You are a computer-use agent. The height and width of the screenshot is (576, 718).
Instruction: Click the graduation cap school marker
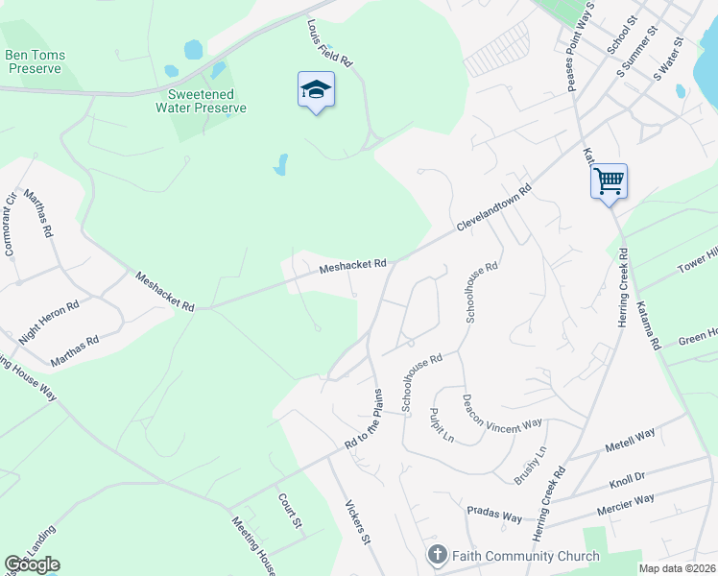(315, 90)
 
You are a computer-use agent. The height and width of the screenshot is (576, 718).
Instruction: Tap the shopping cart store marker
(609, 179)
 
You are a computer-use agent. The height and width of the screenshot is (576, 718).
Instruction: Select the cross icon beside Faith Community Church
(437, 556)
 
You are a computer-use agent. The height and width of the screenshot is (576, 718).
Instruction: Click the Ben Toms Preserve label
(36, 61)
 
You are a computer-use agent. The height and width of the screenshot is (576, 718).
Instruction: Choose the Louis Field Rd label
(330, 42)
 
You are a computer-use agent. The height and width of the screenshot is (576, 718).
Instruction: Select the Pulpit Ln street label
(442, 424)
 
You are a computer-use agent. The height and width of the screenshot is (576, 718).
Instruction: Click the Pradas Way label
(493, 513)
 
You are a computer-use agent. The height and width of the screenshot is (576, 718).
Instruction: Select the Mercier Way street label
(625, 504)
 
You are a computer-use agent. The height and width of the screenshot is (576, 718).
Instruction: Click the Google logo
(32, 564)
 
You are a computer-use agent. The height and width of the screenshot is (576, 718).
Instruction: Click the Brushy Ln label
(529, 465)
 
